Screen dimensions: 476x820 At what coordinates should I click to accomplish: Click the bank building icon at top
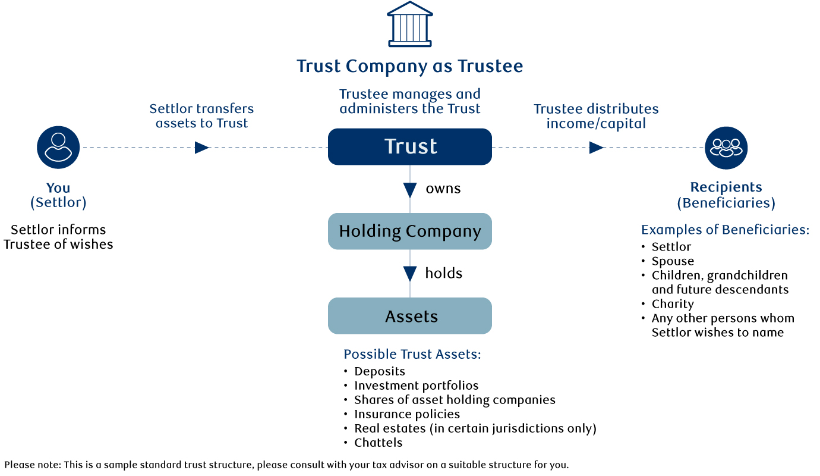coord(409,24)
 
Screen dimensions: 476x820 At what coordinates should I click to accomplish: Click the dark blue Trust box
coord(410,146)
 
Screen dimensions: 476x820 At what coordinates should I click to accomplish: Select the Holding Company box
coord(410,231)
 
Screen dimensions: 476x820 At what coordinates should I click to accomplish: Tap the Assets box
coord(410,316)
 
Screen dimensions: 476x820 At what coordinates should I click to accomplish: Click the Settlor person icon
coord(58,148)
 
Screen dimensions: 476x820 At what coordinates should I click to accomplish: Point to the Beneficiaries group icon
coord(726,148)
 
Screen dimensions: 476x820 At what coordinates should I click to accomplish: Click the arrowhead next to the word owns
coord(410,190)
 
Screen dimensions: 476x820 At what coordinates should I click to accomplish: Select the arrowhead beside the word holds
coord(410,274)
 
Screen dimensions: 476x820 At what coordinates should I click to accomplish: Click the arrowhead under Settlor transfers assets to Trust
coord(202,148)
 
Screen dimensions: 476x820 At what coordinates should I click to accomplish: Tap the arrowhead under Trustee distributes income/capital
coord(596,148)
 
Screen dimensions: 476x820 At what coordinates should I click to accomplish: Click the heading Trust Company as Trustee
coord(410,66)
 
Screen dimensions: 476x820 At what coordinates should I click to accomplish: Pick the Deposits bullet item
coord(380,371)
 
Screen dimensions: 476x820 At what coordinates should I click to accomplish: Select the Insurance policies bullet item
coord(407,414)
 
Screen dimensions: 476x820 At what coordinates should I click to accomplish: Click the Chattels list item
coord(379,443)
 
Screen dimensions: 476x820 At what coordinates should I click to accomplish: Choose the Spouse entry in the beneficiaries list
coord(673,261)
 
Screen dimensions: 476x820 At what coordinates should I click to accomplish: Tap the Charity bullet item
coord(673,304)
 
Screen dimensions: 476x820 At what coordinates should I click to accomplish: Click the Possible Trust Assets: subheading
coord(412,355)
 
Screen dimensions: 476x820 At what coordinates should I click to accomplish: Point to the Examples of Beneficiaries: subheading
coord(725,230)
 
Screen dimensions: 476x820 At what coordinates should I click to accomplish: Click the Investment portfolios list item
coord(416,386)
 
